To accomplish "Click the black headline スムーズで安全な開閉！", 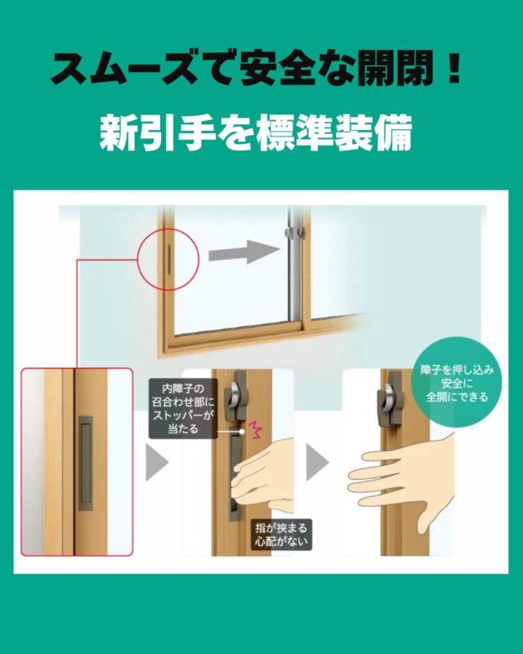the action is [x=255, y=69].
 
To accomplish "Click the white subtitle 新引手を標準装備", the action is [x=256, y=132].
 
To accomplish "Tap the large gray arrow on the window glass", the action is [x=244, y=252].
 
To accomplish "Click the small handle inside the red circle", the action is [x=169, y=260].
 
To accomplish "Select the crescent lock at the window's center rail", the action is [x=294, y=233].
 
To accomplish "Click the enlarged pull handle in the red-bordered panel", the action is [x=86, y=463].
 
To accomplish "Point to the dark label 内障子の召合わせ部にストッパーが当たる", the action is [x=183, y=408].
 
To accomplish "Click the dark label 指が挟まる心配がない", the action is [x=281, y=535].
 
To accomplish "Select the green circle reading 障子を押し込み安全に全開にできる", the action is [x=456, y=383].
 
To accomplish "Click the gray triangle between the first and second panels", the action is [x=157, y=462].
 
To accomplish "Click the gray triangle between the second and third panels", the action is [x=317, y=462].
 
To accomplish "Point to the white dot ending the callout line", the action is [x=242, y=432].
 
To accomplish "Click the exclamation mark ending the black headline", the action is [x=454, y=68].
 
